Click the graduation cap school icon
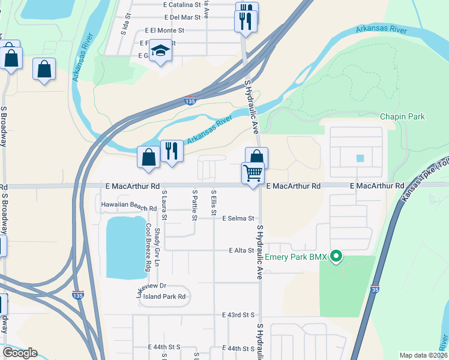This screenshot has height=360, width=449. [x=161, y=51]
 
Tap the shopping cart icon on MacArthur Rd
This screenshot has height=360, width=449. [x=253, y=173]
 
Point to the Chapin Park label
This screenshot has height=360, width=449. [x=402, y=116]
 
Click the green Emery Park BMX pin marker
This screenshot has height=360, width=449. [x=336, y=257]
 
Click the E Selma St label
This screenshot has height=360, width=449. [x=239, y=218]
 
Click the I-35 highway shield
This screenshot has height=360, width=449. [x=375, y=289]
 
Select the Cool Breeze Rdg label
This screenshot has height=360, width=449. [x=148, y=247]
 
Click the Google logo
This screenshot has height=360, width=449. [x=20, y=353]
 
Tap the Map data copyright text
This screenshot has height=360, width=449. [x=423, y=355]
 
